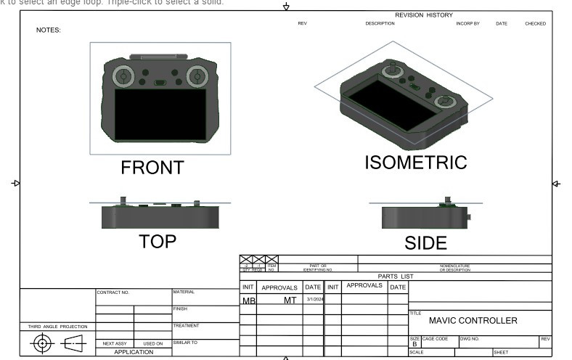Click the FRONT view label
click(x=152, y=168)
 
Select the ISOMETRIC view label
click(x=415, y=163)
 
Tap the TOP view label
click(x=157, y=242)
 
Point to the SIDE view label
click(x=425, y=243)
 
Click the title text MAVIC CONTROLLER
click(x=473, y=320)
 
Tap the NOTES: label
click(x=49, y=30)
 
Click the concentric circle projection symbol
click(x=42, y=343)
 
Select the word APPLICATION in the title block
click(x=134, y=352)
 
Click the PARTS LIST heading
click(x=396, y=276)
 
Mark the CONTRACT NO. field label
click(x=113, y=292)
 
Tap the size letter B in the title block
click(x=414, y=344)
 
